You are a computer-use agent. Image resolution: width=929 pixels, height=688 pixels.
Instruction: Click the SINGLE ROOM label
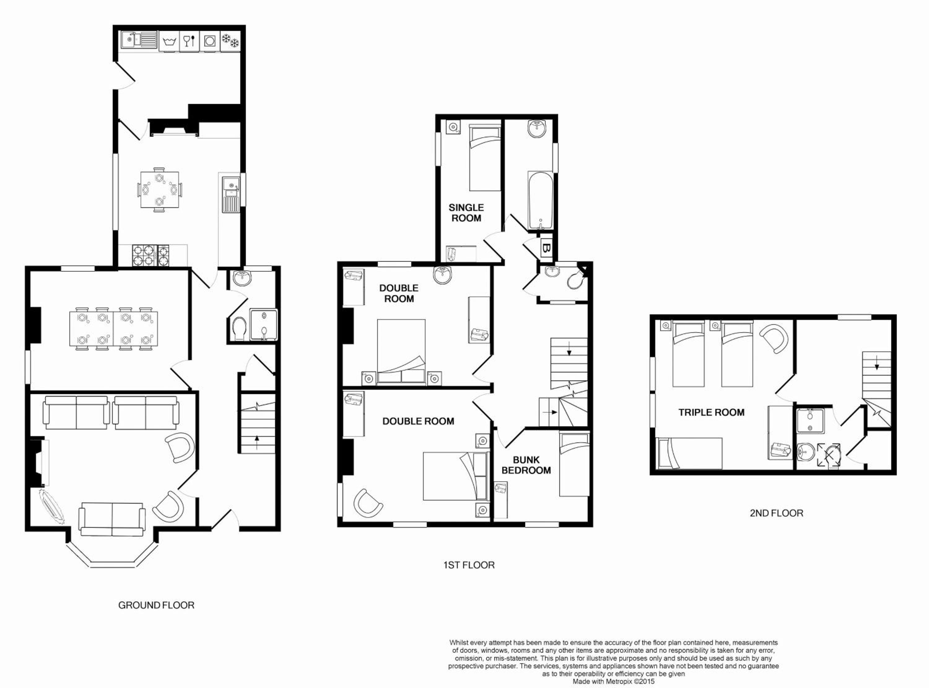click(466, 213)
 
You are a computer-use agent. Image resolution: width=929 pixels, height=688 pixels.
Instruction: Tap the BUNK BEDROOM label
click(526, 465)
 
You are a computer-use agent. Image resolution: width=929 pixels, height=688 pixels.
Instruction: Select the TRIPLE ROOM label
click(711, 412)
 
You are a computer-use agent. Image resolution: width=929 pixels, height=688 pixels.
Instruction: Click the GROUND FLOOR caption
click(156, 605)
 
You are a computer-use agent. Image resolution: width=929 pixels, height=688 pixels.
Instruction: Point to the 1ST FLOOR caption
click(469, 565)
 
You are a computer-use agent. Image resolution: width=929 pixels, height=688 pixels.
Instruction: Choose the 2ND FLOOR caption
click(776, 513)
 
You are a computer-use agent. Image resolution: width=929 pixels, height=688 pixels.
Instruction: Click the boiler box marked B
click(546, 249)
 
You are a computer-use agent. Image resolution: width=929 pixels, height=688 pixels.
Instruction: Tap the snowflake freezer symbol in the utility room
click(230, 41)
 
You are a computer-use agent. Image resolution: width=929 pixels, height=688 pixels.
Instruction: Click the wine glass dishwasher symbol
click(189, 41)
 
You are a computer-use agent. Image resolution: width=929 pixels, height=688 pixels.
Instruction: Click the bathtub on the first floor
click(541, 200)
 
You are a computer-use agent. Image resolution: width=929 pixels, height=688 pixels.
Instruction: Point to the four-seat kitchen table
click(159, 190)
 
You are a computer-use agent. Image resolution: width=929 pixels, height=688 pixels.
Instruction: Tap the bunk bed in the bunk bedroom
click(574, 464)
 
